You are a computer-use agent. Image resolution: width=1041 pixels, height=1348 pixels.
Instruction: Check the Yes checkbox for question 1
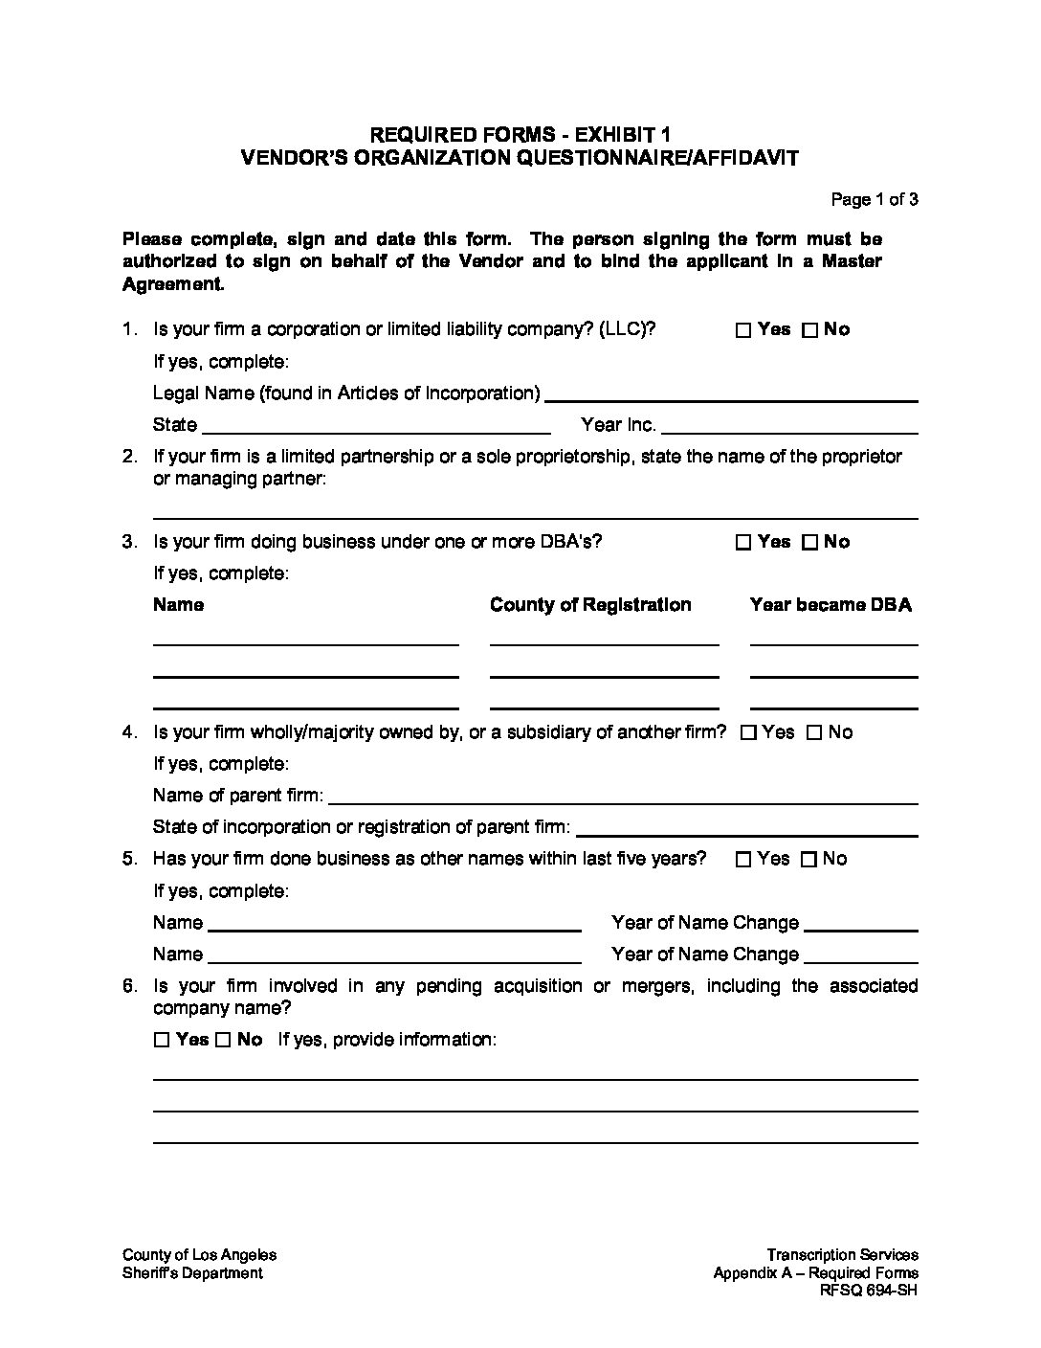(x=743, y=330)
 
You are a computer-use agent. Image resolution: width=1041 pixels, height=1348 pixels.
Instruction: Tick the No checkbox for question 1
(x=809, y=330)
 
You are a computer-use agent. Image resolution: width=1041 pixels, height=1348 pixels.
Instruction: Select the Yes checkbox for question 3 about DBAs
(x=743, y=543)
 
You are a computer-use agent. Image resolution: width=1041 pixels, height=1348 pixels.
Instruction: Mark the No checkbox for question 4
(x=814, y=733)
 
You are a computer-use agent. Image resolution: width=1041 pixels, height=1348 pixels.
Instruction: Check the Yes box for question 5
(x=743, y=860)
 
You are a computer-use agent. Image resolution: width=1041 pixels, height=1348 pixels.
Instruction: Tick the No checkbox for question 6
(x=223, y=1041)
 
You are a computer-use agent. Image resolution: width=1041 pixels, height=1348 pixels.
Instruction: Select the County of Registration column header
(x=590, y=605)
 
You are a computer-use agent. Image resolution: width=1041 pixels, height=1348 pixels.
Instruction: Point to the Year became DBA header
(x=831, y=605)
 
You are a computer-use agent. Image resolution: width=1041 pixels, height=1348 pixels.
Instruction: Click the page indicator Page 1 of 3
(x=875, y=200)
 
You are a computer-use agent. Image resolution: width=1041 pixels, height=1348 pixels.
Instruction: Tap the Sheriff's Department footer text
(x=192, y=1273)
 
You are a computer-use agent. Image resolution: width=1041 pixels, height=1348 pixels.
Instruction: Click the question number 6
(x=129, y=986)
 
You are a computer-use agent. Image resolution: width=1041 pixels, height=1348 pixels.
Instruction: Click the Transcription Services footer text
(x=842, y=1255)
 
